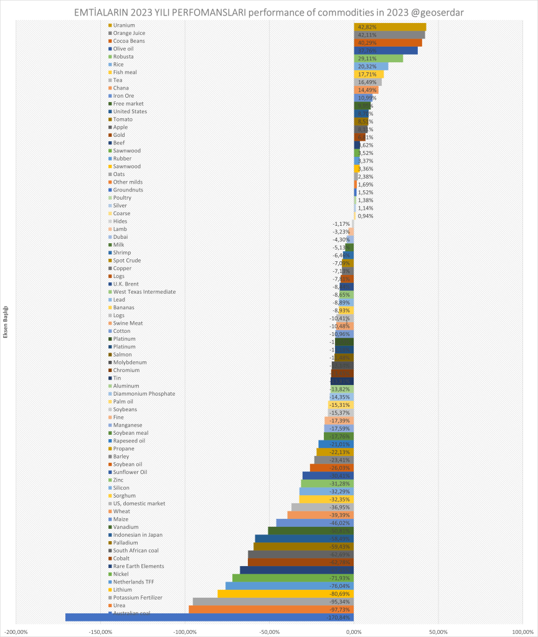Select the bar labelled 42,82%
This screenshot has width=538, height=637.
(x=390, y=27)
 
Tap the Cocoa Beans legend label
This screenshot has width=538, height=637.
(x=129, y=40)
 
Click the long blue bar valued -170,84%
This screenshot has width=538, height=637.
(x=209, y=617)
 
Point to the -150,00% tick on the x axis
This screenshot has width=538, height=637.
(x=100, y=631)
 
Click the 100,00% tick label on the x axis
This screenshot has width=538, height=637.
(x=522, y=631)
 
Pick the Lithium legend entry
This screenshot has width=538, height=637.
(x=123, y=590)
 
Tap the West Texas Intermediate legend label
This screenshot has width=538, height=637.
(x=144, y=292)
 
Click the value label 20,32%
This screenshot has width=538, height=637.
(x=367, y=66)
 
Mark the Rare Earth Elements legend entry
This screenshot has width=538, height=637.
(x=138, y=566)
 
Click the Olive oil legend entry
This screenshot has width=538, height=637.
(x=123, y=49)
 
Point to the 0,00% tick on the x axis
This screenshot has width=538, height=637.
(x=354, y=631)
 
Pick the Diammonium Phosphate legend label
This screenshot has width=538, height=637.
(x=144, y=394)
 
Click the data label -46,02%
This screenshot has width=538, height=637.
(x=340, y=523)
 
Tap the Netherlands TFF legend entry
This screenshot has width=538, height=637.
(x=133, y=582)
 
